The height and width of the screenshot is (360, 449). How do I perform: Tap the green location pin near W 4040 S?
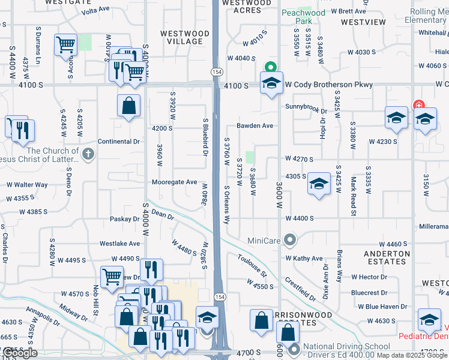tap(270, 68)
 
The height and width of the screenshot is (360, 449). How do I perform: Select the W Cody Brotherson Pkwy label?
tap(328, 85)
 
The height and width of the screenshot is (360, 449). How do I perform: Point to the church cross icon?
tap(88, 154)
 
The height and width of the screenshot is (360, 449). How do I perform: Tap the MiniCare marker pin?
tap(291, 241)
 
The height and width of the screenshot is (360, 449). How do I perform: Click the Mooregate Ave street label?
tap(174, 182)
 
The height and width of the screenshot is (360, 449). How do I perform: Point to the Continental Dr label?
tap(119, 142)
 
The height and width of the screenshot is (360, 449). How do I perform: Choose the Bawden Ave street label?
tap(255, 125)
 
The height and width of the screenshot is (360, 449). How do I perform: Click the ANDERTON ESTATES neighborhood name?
tap(387, 258)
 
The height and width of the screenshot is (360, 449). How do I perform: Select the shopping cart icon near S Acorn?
tap(65, 45)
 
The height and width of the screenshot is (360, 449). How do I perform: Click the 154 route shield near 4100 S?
tap(215, 71)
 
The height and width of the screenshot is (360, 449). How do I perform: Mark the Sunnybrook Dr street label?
tap(306, 111)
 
